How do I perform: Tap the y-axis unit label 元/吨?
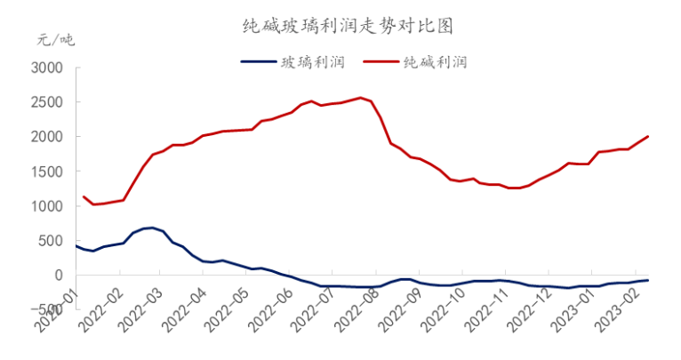tap(56, 40)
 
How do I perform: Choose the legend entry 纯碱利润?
tap(436, 62)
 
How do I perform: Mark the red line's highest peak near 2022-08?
tap(360, 98)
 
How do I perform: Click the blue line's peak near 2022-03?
tap(153, 228)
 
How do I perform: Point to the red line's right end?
tap(648, 136)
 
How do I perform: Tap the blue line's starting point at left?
tap(76, 246)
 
